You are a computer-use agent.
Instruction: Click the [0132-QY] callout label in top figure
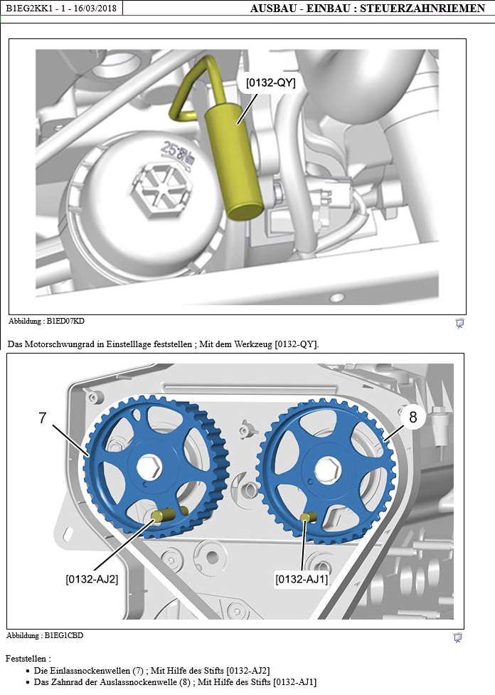[270, 83]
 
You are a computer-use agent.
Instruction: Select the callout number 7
[43, 418]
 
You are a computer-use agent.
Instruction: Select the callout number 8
[412, 418]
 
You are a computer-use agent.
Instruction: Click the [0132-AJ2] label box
[92, 578]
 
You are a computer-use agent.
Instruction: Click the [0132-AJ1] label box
[302, 579]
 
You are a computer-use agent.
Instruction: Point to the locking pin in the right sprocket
[308, 517]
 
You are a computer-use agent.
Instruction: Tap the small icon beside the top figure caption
[459, 324]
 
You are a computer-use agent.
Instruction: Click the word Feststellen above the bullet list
[26, 659]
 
